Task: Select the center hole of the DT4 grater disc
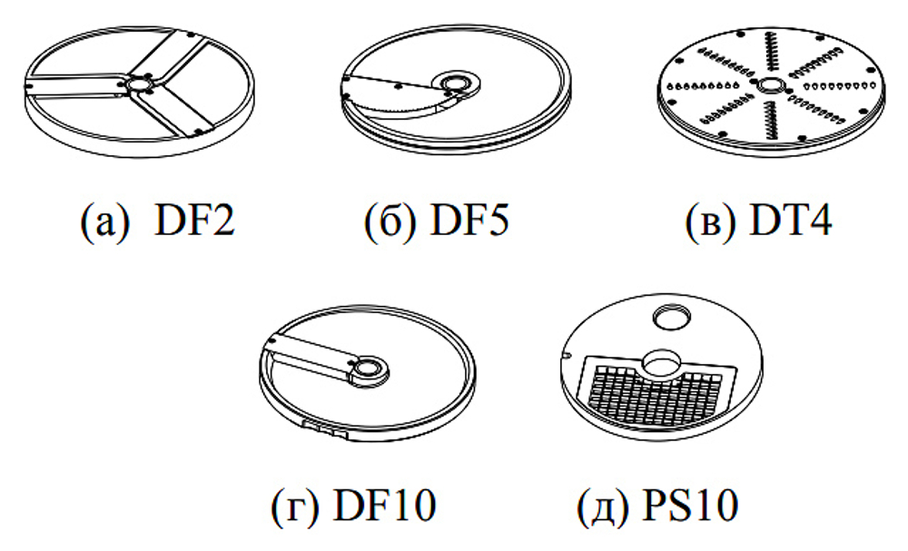(770, 85)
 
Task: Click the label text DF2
(193, 221)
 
